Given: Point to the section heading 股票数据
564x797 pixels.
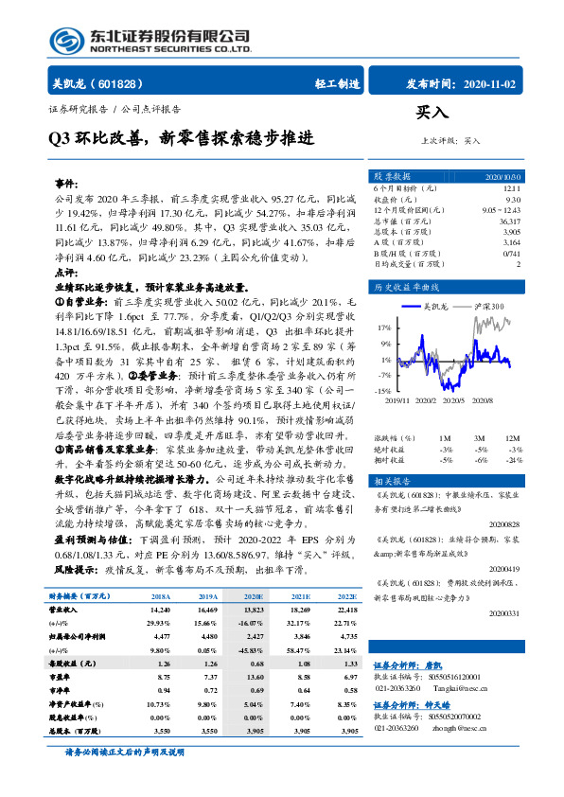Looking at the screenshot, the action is tap(392, 177).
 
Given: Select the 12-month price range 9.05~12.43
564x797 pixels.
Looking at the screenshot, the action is tap(499, 210).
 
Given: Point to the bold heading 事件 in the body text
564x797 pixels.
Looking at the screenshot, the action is tap(67, 182).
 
